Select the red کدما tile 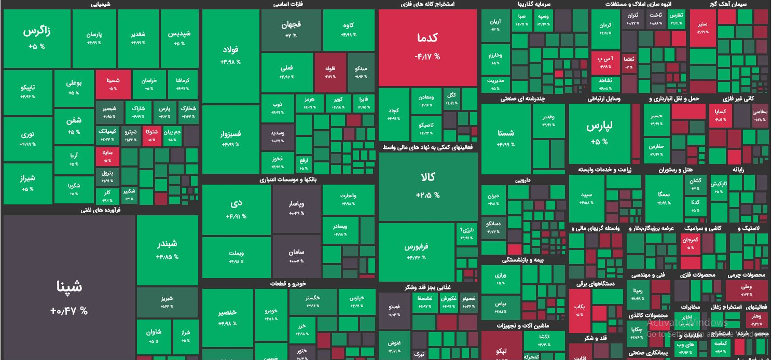point(428,47)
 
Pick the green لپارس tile point(599,133)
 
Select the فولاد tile point(230,55)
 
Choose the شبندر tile point(167,250)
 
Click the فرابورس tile point(416,252)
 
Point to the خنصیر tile point(228,317)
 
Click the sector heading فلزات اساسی point(288,5)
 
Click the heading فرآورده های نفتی point(101,210)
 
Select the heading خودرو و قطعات point(288,284)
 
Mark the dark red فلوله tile point(330,72)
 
